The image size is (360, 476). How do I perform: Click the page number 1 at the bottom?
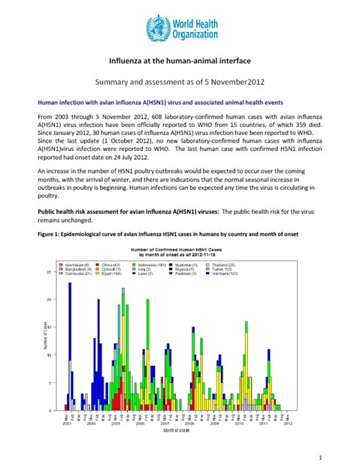(x=319, y=456)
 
